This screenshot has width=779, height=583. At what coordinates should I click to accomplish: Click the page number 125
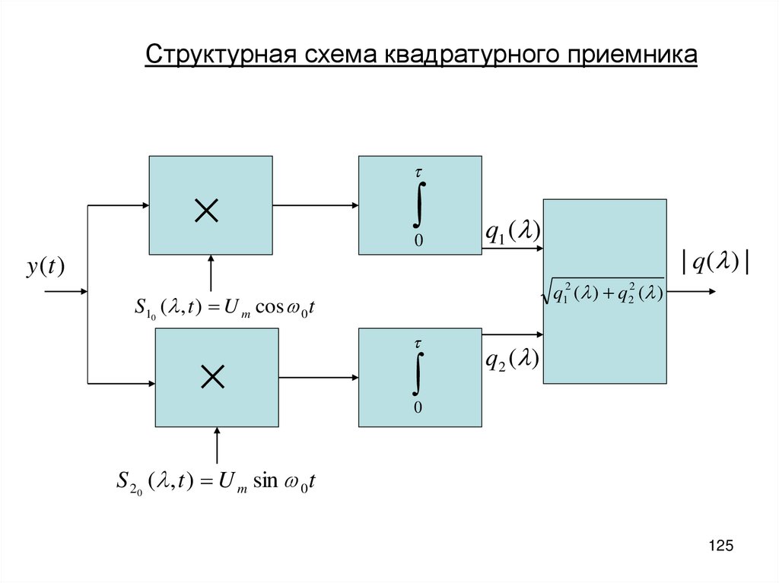click(720, 546)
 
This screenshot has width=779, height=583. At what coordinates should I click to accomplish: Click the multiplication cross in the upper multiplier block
click(207, 210)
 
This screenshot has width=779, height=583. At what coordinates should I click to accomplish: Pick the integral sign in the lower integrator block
click(418, 372)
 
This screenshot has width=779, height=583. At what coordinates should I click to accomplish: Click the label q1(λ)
click(513, 233)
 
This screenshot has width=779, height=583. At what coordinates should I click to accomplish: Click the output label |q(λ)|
click(717, 262)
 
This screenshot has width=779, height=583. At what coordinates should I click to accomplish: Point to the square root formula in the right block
click(604, 292)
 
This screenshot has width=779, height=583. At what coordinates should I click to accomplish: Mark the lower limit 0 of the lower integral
click(418, 408)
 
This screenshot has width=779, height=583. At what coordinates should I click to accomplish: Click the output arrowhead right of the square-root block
click(711, 291)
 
